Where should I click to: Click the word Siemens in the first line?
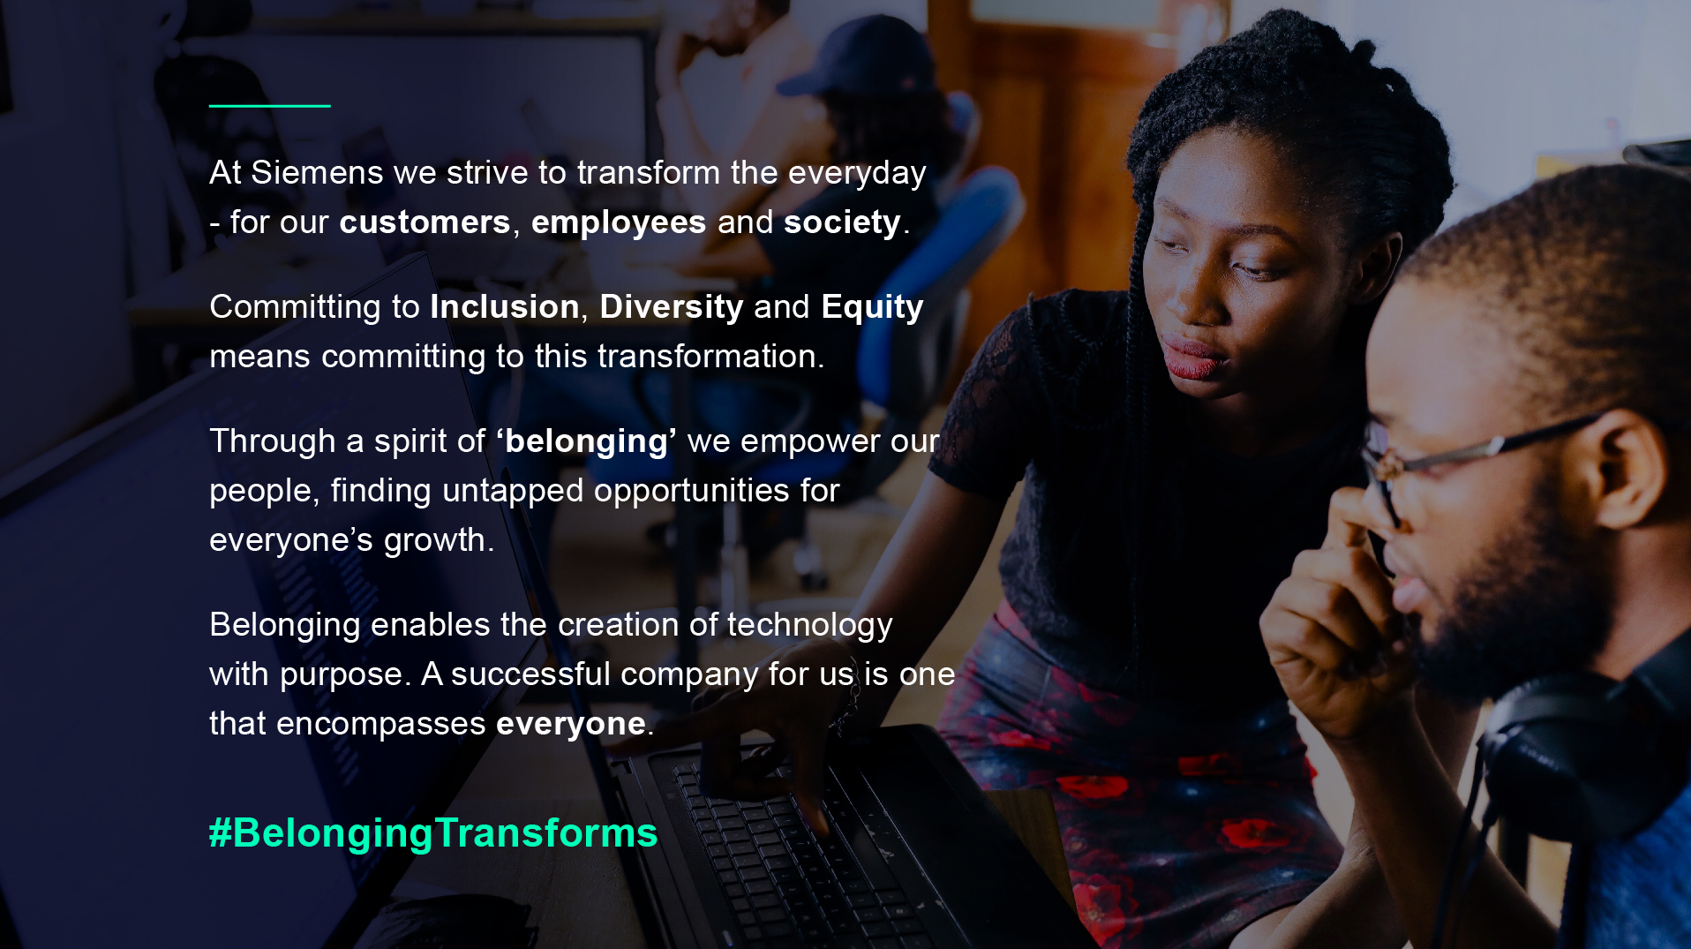tap(317, 172)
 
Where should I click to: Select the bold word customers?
tap(425, 222)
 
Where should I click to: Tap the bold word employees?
tap(618, 222)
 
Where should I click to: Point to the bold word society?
tap(842, 222)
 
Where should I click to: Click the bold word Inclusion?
tap(505, 306)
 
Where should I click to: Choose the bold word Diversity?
tap(672, 307)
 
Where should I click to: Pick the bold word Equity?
tap(872, 307)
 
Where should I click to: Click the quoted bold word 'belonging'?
tap(586, 441)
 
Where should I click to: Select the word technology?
tap(809, 625)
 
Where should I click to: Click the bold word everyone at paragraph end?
tap(571, 724)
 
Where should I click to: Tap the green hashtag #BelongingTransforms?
tap(433, 833)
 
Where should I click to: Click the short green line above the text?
tap(270, 106)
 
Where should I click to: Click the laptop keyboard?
tap(794, 839)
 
